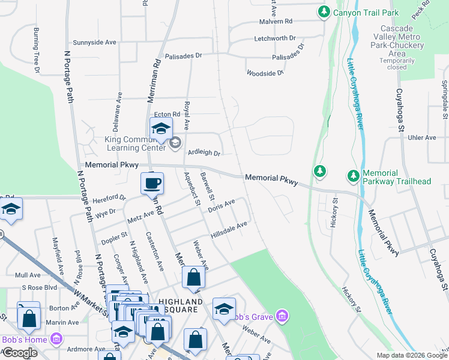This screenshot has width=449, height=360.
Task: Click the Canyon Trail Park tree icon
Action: coord(324,11)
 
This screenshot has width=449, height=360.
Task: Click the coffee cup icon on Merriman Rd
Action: coord(152,183)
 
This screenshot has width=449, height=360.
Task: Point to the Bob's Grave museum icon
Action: coord(283,316)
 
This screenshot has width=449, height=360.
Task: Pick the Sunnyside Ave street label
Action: coord(94,43)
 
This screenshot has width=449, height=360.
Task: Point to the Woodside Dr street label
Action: coord(265,73)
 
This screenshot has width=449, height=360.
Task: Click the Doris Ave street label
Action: coord(221,206)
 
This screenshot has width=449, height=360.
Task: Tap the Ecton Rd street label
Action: coord(167,114)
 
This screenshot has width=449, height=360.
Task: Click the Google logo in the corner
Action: coord(20,353)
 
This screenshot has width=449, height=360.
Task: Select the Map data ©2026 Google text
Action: coord(411,355)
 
